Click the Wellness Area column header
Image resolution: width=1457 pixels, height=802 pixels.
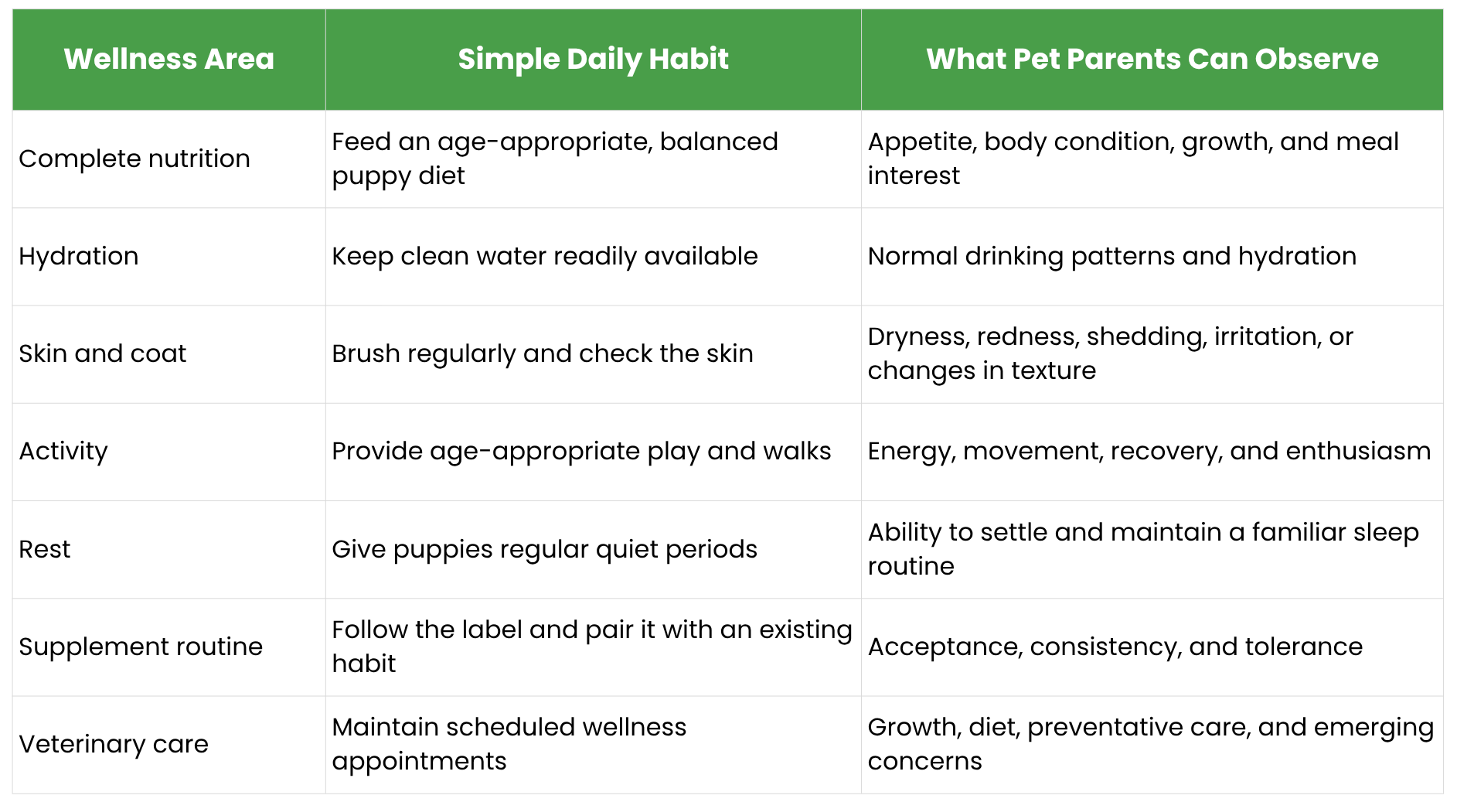point(169,59)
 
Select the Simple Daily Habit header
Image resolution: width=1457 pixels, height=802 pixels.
point(593,60)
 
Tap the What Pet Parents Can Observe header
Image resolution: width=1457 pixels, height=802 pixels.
point(1152,59)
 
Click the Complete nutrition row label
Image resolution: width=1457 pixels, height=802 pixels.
point(134,159)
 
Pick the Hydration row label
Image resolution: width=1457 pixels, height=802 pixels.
point(79,256)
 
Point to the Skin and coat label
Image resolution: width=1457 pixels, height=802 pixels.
point(103,353)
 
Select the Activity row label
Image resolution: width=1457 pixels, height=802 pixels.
point(63,452)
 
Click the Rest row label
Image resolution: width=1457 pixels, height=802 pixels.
point(45,549)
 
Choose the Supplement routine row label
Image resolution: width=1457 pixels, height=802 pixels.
point(141,647)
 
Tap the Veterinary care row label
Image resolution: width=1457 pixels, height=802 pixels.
point(114,744)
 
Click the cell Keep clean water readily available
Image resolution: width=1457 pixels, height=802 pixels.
point(545,256)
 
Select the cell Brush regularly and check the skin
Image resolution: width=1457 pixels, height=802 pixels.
point(543,353)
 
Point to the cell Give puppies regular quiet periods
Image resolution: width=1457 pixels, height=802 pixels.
point(545,549)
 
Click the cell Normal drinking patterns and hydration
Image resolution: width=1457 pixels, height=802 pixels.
point(1112,256)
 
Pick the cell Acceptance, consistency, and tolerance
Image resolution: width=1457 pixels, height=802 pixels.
point(1115,647)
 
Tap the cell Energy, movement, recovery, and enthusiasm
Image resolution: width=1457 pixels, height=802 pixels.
point(1149,452)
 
